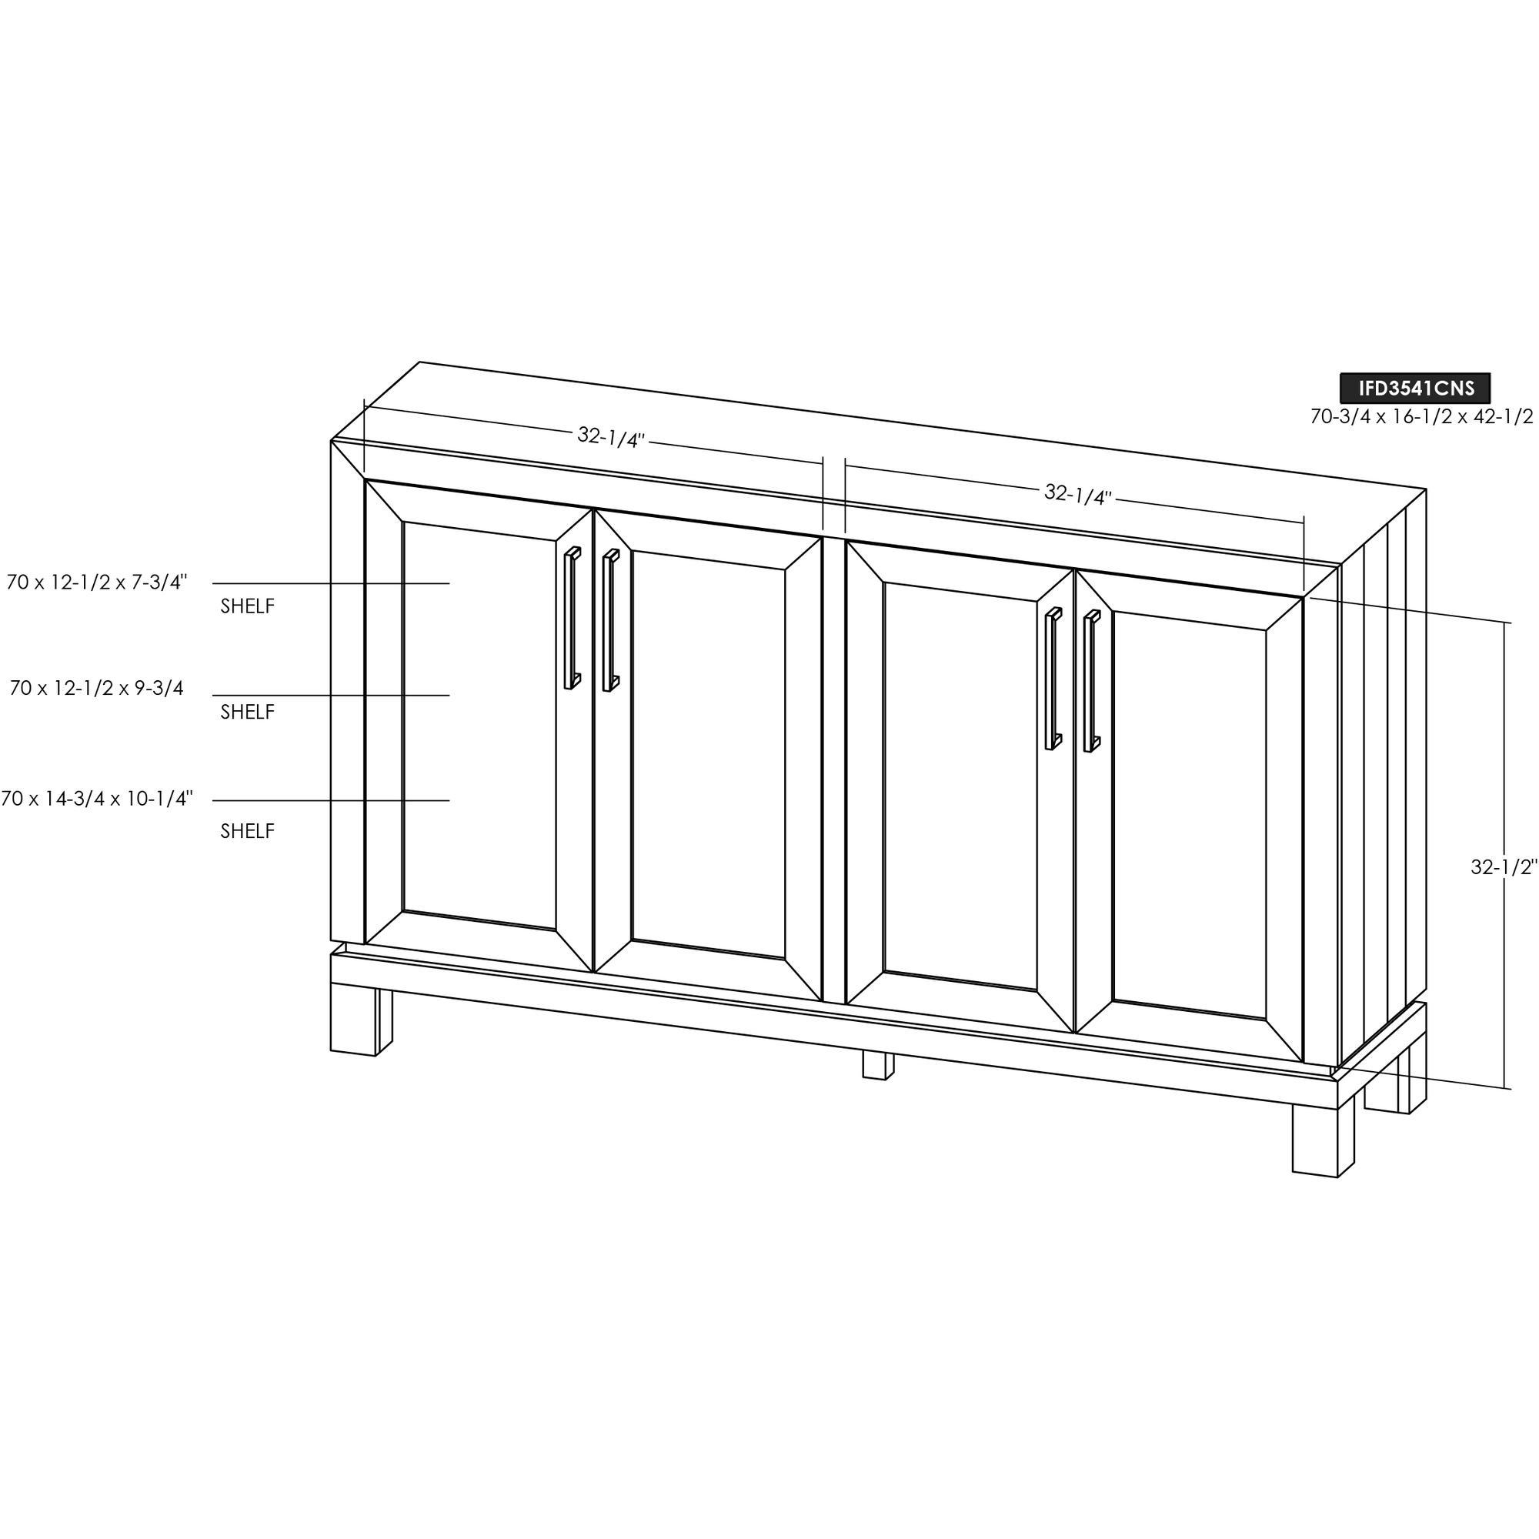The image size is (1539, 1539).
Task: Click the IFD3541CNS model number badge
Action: [x=1415, y=388]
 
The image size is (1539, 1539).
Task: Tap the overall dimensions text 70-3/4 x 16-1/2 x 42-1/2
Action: [x=1422, y=416]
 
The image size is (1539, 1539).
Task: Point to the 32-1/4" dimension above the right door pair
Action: [x=1078, y=495]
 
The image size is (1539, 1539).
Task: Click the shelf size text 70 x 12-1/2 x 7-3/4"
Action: [x=97, y=583]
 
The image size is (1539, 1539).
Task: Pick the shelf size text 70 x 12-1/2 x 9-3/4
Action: [x=97, y=687]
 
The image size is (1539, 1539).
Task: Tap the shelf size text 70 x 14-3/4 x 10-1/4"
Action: [x=97, y=798]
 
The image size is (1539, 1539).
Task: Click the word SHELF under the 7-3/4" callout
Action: [x=248, y=606]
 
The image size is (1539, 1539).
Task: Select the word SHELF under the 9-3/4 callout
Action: [x=248, y=712]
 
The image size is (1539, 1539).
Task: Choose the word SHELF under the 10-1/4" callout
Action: [x=248, y=831]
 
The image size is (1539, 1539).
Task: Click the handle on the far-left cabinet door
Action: [x=572, y=617]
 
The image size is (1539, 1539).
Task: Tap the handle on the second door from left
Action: [x=611, y=619]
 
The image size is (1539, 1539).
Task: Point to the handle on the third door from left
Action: [x=1053, y=679]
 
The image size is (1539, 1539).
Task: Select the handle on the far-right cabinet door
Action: [x=1092, y=681]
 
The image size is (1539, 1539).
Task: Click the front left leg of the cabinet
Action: [x=354, y=1023]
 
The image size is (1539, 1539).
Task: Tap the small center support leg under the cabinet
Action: [x=878, y=1066]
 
